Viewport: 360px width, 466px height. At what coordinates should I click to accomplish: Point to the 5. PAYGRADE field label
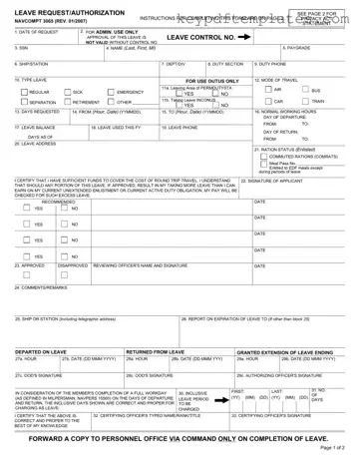click(x=300, y=47)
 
